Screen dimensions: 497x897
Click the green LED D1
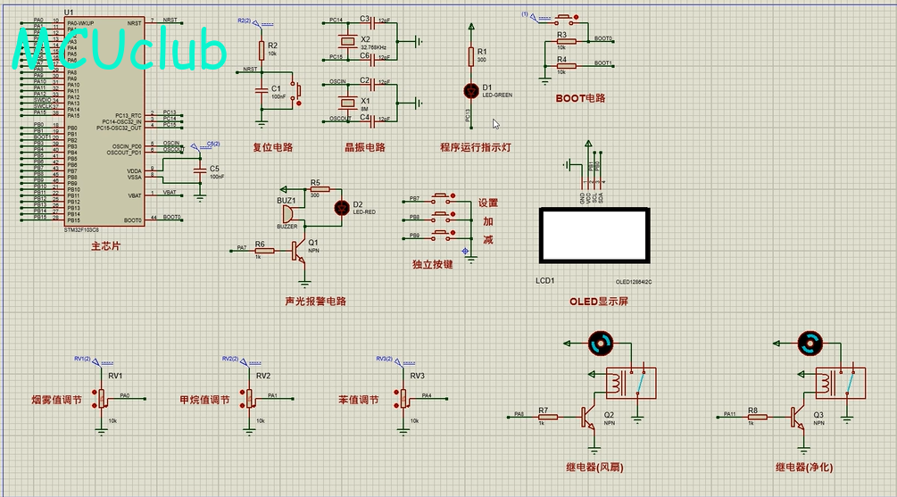coord(471,90)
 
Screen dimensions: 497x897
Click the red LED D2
coord(340,207)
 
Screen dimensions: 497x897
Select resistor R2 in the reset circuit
coord(262,50)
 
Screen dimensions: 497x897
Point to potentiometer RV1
coord(103,396)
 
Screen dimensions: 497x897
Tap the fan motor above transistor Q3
coord(810,341)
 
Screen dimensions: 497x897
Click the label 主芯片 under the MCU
coord(105,246)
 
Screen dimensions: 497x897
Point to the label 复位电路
coord(272,148)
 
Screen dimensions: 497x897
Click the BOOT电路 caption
coord(580,98)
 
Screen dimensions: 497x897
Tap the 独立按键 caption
coord(433,264)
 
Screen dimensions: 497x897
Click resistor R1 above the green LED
coord(471,57)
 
